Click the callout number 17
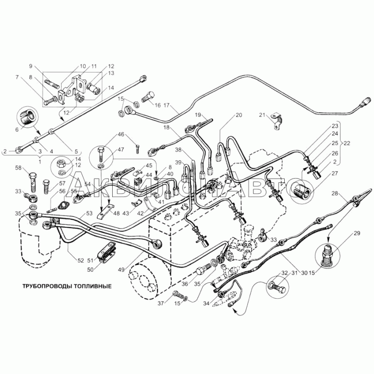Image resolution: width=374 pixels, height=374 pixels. click(x=166, y=105)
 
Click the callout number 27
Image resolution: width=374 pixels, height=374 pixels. click(x=335, y=173)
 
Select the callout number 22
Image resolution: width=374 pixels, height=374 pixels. click(x=346, y=144)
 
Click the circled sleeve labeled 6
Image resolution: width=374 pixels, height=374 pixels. click(x=28, y=117)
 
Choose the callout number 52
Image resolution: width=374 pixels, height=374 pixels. click(x=81, y=260)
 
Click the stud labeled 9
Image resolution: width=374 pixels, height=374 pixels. click(x=51, y=84)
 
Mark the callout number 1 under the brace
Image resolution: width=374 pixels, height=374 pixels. click(x=40, y=162)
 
